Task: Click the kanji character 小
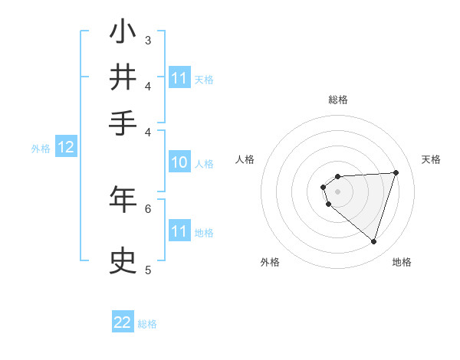point(123,33)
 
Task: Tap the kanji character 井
point(123,78)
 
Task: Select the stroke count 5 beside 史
point(148,270)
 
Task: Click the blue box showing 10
point(179,163)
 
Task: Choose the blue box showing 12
point(66,148)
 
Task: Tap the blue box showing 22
point(123,323)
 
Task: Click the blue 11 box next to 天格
point(179,78)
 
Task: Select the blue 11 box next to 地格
point(179,232)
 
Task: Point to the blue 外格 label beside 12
point(41,149)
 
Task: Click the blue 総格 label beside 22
point(147,324)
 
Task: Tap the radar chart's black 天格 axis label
point(431,159)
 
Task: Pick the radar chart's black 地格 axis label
point(402,262)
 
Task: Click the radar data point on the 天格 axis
point(396,172)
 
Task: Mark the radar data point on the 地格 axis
point(373,241)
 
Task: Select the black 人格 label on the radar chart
point(245,159)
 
